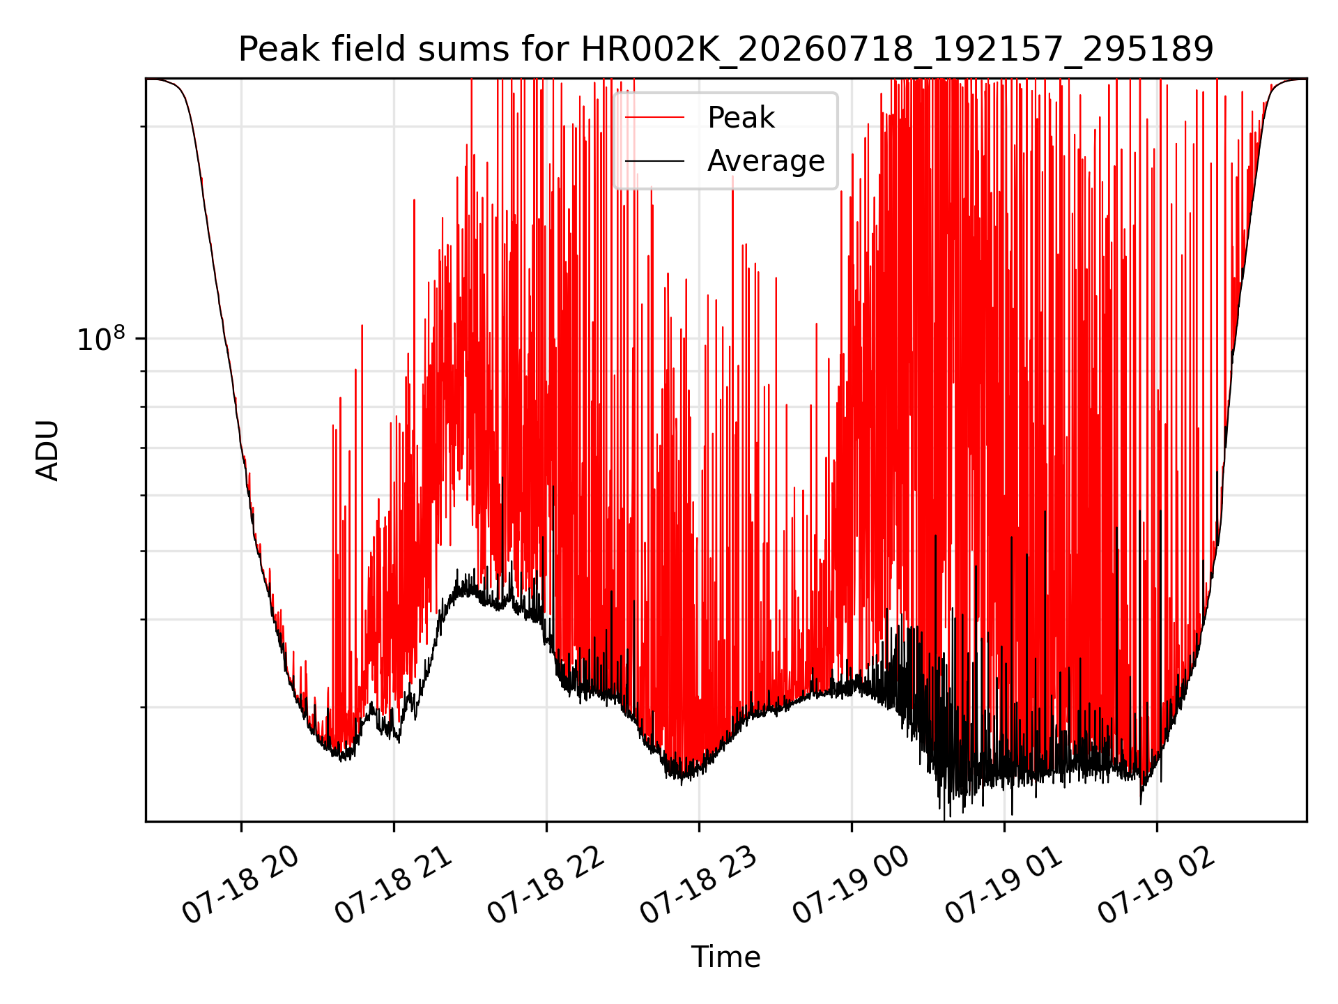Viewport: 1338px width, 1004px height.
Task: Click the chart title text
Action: pyautogui.click(x=726, y=50)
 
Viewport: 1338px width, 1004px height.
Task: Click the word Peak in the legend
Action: pyautogui.click(x=741, y=118)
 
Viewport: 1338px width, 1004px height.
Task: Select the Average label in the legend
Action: pyautogui.click(x=766, y=161)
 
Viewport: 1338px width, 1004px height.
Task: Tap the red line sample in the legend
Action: pyautogui.click(x=655, y=118)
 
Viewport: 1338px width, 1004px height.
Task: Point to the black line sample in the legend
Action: pyautogui.click(x=655, y=161)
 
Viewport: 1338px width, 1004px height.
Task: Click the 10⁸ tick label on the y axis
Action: pyautogui.click(x=102, y=339)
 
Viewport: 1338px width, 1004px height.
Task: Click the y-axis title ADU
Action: pyautogui.click(x=47, y=450)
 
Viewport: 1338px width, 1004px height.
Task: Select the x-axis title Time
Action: pyautogui.click(x=725, y=957)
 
